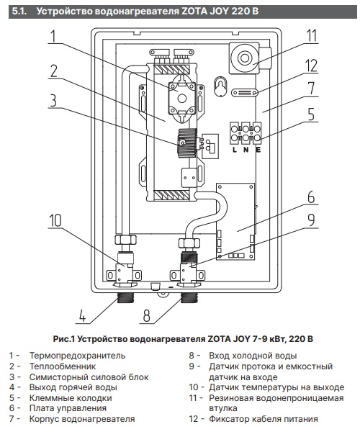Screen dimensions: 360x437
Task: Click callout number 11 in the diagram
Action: [x=312, y=36]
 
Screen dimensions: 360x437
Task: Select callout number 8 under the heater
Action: [x=146, y=315]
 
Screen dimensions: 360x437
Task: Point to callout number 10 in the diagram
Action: [x=55, y=221]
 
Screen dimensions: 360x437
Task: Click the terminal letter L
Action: [x=235, y=150]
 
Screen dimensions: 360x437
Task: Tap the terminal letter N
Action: [x=246, y=150]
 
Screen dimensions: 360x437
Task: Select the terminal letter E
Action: [x=258, y=150]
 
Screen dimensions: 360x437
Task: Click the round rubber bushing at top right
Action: [x=244, y=58]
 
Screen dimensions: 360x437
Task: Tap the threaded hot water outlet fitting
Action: [x=125, y=298]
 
